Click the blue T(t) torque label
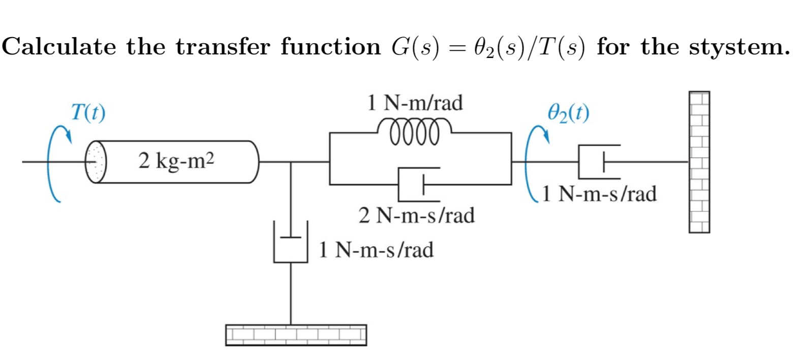[x=88, y=112]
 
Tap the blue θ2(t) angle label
[x=569, y=112]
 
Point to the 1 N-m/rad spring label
[x=415, y=103]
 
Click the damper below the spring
[x=418, y=184]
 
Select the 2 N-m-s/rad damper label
[x=417, y=215]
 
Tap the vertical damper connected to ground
[x=291, y=243]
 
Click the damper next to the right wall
[x=599, y=162]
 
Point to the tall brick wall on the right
[x=699, y=162]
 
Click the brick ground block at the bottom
[x=296, y=335]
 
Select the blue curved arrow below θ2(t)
[x=534, y=163]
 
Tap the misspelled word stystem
[x=739, y=47]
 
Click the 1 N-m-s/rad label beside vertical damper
[x=376, y=250]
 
